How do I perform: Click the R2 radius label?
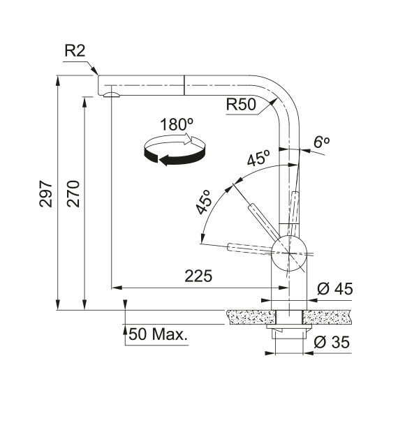(x=75, y=51)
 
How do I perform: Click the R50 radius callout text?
(x=241, y=105)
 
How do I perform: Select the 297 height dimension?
(x=45, y=194)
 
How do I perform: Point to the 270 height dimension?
(x=73, y=193)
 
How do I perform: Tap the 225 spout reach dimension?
(x=198, y=276)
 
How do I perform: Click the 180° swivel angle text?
(x=177, y=125)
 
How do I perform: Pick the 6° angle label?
(x=322, y=142)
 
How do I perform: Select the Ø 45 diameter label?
(x=335, y=289)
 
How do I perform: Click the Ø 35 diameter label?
(x=332, y=342)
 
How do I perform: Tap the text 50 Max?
(x=158, y=334)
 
